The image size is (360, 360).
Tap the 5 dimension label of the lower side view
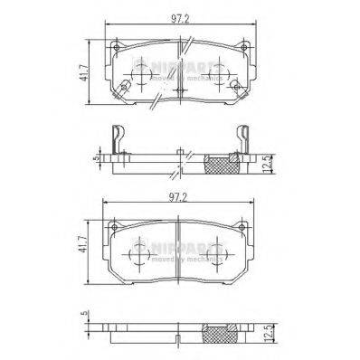tap(84, 316)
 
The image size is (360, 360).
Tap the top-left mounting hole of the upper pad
tap(115, 45)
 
